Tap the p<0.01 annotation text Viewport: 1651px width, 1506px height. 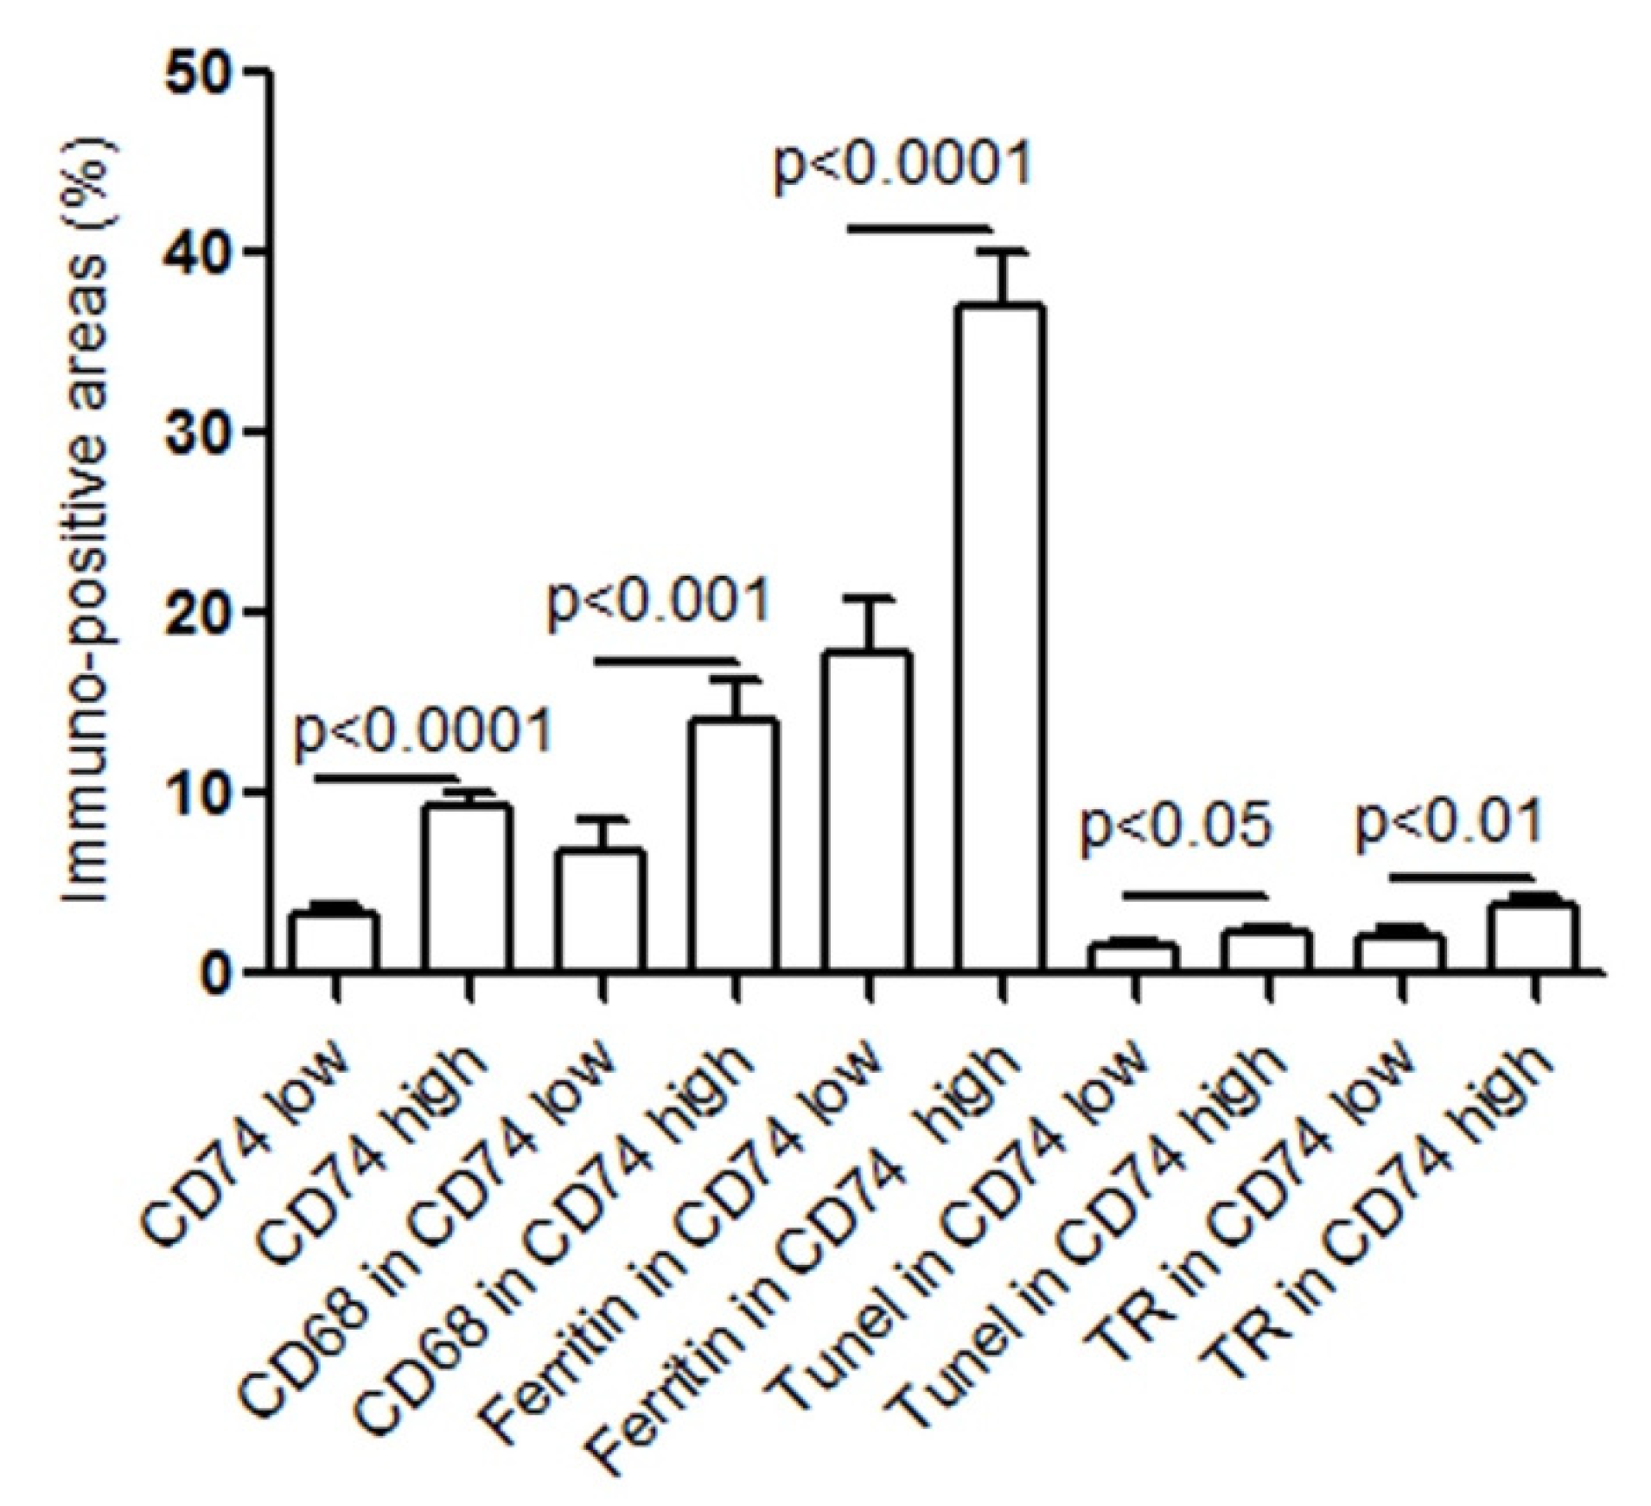1448,821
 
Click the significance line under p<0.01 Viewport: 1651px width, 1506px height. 1459,877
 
